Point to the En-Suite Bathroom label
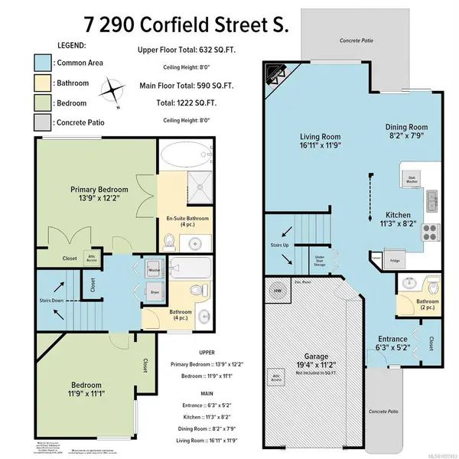pos(187,223)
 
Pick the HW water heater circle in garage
pos(277,291)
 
